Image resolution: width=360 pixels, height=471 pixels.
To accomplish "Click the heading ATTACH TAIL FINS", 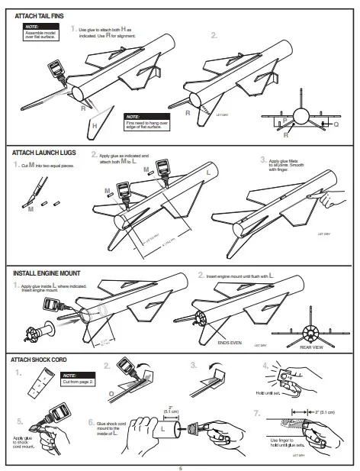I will tap(41, 15).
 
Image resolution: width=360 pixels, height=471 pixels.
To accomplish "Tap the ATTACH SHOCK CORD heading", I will tap(47, 359).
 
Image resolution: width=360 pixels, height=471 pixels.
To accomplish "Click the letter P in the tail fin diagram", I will tap(284, 120).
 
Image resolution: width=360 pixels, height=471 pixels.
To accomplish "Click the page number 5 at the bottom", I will tap(180, 466).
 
